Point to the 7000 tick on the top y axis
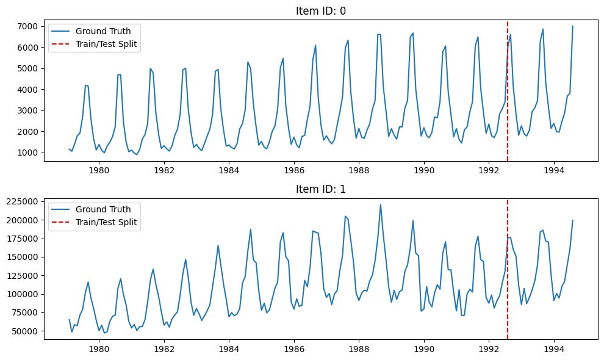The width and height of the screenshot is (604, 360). (x=28, y=26)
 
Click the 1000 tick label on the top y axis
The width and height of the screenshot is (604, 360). (x=28, y=153)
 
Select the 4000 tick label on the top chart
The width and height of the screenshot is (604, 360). (x=28, y=90)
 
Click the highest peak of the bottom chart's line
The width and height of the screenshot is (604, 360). (x=381, y=204)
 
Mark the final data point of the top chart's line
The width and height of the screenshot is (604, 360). (x=573, y=26)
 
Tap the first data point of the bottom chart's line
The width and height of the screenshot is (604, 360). (x=69, y=320)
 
